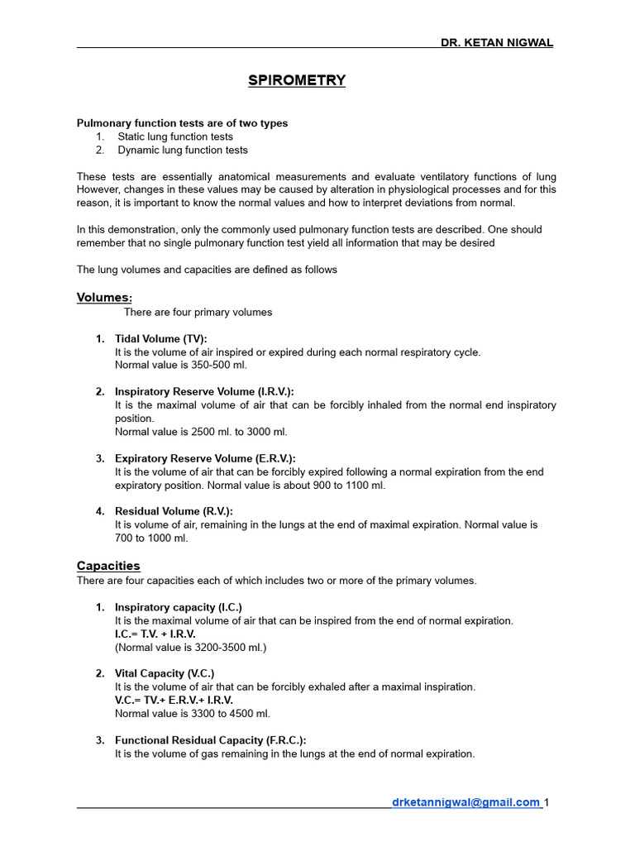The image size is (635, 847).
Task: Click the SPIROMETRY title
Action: (x=297, y=80)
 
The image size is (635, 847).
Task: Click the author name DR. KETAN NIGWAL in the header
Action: (x=496, y=42)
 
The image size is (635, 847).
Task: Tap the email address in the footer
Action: (x=466, y=802)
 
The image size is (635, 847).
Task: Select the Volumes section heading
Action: (x=104, y=297)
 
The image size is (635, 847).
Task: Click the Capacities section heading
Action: (x=108, y=566)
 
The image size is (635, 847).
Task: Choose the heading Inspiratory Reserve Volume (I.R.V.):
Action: (x=204, y=391)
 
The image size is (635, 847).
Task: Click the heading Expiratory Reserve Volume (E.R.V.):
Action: (x=205, y=458)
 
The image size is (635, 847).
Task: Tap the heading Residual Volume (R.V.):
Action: (x=174, y=511)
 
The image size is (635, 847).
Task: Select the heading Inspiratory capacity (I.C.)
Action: (x=179, y=606)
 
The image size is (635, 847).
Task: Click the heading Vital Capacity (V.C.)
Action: (x=165, y=673)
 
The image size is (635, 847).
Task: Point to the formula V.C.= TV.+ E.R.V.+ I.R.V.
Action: (x=174, y=700)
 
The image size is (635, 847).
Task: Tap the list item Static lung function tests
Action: (x=175, y=136)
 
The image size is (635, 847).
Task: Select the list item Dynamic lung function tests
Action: (x=183, y=150)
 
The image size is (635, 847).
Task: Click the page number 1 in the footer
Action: (x=547, y=802)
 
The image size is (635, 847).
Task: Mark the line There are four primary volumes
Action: (x=198, y=312)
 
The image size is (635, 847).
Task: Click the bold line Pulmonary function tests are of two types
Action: (x=183, y=123)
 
